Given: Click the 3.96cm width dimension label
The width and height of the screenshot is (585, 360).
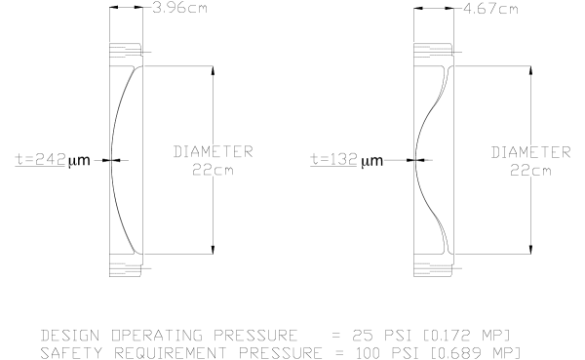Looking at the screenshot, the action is pyautogui.click(x=179, y=8).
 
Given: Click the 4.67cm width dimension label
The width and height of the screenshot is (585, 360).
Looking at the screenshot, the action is pyautogui.click(x=490, y=9).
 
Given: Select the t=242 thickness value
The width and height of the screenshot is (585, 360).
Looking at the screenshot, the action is pyautogui.click(x=41, y=159).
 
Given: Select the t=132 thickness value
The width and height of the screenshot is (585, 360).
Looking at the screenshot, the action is pyautogui.click(x=333, y=159).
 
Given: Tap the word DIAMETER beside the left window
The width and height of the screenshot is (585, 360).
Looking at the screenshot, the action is pyautogui.click(x=213, y=151).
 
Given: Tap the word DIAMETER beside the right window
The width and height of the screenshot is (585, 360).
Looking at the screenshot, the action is pyautogui.click(x=531, y=152).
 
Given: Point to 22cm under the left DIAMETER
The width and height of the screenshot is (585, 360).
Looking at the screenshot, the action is pyautogui.click(x=213, y=170).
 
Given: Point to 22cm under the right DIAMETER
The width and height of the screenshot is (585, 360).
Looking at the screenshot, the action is pyautogui.click(x=530, y=171).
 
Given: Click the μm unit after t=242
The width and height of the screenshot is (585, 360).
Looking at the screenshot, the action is pyautogui.click(x=79, y=161).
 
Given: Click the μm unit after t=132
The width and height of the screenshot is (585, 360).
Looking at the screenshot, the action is pyautogui.click(x=372, y=161).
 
